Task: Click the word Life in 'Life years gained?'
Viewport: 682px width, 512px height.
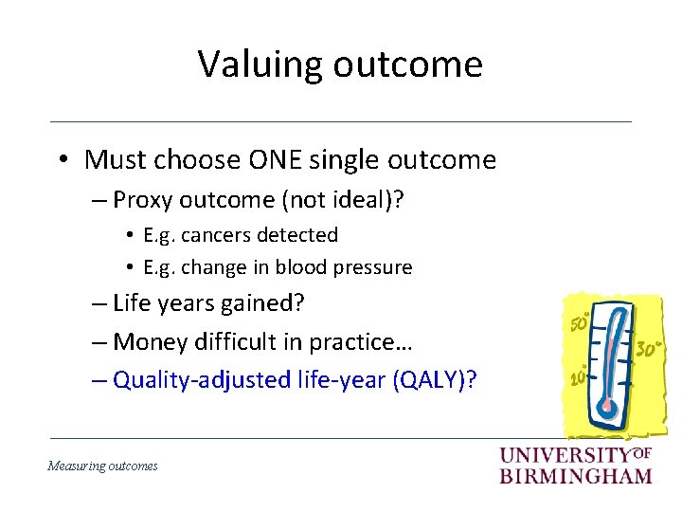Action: point(131,303)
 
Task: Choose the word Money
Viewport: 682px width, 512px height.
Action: point(146,341)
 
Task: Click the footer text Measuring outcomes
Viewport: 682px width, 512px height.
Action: point(103,466)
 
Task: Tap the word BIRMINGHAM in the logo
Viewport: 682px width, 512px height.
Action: point(576,475)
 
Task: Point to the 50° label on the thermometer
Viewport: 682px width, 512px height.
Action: point(578,324)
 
